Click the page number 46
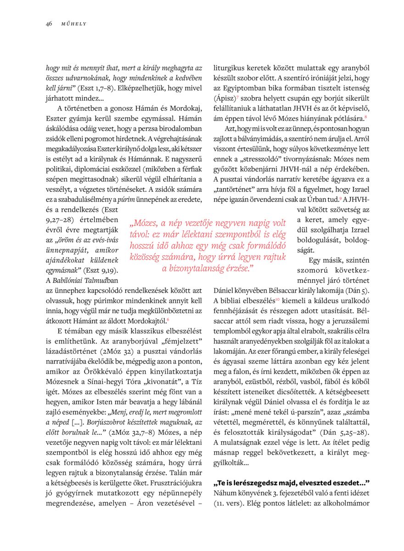tap(48, 24)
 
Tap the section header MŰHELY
tap(74, 24)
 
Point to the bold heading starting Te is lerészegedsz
tap(292, 483)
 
